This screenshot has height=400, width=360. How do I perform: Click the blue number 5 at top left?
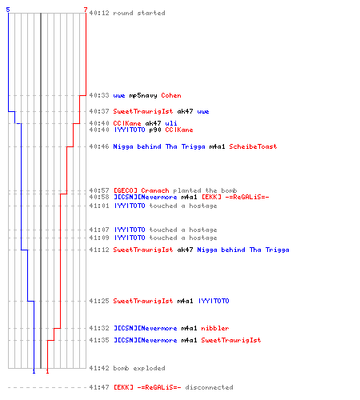8,10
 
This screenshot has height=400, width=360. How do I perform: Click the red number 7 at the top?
86,10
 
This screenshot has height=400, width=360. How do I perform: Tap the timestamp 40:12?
99,13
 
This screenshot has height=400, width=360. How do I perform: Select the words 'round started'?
139,13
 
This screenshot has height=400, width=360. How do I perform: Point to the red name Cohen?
171,95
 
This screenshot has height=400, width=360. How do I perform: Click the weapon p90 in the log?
155,130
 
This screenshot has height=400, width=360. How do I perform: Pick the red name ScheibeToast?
253,146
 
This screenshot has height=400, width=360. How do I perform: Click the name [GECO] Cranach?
142,190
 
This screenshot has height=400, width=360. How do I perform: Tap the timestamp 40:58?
99,197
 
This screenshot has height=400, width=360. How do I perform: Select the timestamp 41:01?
99,206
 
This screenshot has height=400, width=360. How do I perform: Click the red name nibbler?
215,328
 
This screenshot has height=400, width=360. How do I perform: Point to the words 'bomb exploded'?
139,368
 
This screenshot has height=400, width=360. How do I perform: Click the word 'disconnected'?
210,387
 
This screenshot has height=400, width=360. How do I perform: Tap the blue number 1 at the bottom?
34,371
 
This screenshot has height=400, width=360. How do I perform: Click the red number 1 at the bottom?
47,371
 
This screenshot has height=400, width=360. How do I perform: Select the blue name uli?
171,123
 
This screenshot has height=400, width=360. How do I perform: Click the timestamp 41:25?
99,301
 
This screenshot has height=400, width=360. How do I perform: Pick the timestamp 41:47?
99,387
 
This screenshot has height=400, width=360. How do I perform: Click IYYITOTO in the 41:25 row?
214,301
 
